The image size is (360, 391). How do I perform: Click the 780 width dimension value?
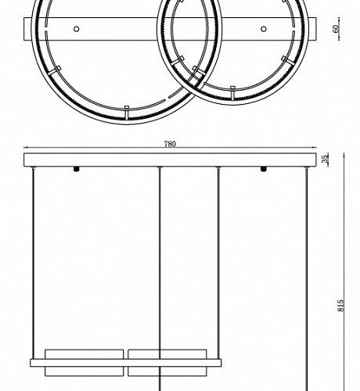pos(170,144)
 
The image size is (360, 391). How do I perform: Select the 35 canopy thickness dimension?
pos(326,160)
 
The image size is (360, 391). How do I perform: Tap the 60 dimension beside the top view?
pos(335,29)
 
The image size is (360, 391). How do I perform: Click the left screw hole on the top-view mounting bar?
pos(76,29)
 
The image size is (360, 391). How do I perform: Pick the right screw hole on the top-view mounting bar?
pos(263,29)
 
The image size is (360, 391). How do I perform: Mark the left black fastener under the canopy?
pos(76,170)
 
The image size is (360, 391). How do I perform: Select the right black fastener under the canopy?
pos(263,170)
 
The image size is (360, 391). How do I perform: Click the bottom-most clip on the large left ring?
pos(126,107)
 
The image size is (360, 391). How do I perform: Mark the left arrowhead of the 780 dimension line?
pos(26,149)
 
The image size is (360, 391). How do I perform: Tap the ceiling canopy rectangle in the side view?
pos(168,160)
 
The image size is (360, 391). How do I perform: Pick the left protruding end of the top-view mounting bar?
pos(29,29)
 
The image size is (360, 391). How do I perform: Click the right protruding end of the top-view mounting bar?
pos(312,29)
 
